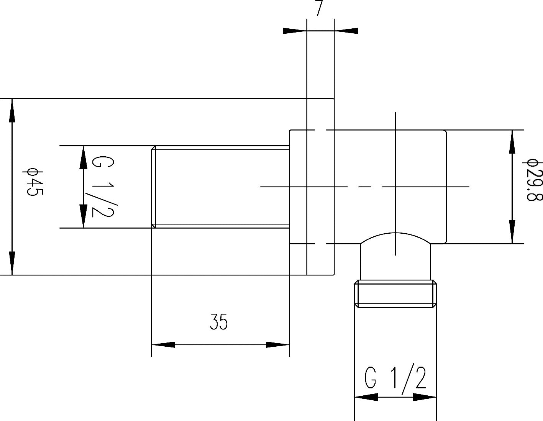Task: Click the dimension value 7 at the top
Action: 319,8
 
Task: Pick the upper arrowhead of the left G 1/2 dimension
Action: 83,157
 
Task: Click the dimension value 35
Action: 219,322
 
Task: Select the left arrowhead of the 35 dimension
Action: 164,345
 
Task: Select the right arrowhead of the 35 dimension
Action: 277,345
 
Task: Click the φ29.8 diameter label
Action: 533,180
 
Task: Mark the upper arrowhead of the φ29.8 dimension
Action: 512,142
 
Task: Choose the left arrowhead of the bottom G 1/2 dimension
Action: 366,397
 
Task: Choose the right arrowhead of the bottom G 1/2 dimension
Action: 425,397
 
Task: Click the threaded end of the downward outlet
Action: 395,294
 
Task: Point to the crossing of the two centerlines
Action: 395,187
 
